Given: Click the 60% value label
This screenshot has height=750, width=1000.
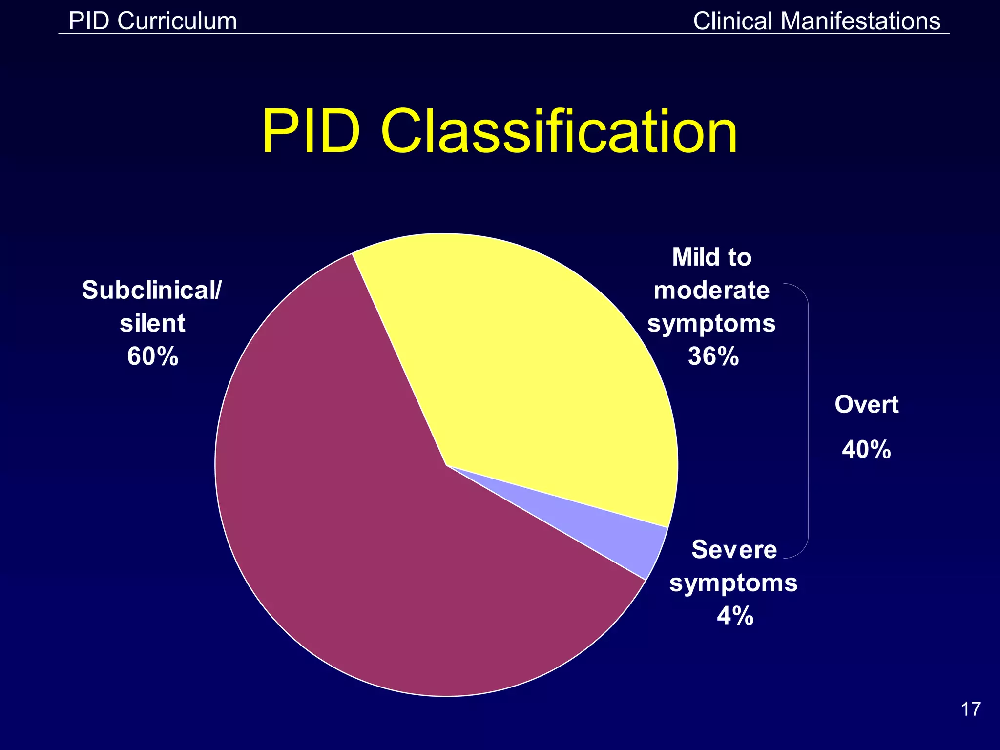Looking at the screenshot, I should (152, 356).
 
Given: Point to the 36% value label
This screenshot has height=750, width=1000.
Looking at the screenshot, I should (713, 356).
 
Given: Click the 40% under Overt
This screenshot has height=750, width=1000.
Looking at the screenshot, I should (866, 449).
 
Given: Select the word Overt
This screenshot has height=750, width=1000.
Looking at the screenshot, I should (866, 404).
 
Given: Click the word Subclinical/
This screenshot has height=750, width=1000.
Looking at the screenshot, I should (152, 290).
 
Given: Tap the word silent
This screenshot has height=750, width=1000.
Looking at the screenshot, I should (152, 323).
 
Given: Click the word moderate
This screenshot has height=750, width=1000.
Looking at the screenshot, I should (711, 290).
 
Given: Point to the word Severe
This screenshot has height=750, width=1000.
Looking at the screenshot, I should (734, 549).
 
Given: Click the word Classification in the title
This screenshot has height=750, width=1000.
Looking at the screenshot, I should (559, 132).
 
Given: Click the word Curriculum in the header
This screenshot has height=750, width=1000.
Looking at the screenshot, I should (177, 21).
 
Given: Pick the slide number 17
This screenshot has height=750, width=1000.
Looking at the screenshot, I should (971, 709).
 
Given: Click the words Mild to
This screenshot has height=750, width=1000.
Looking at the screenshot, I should (711, 257).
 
